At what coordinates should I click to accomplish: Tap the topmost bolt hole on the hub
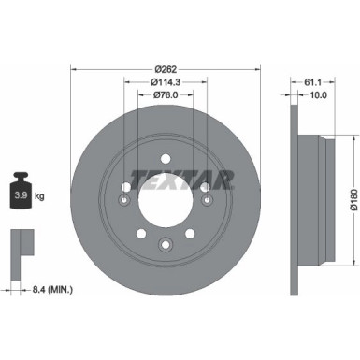pos(165,156)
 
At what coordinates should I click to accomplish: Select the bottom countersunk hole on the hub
pos(165,245)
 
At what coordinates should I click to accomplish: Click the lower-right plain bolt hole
pos(191,233)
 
